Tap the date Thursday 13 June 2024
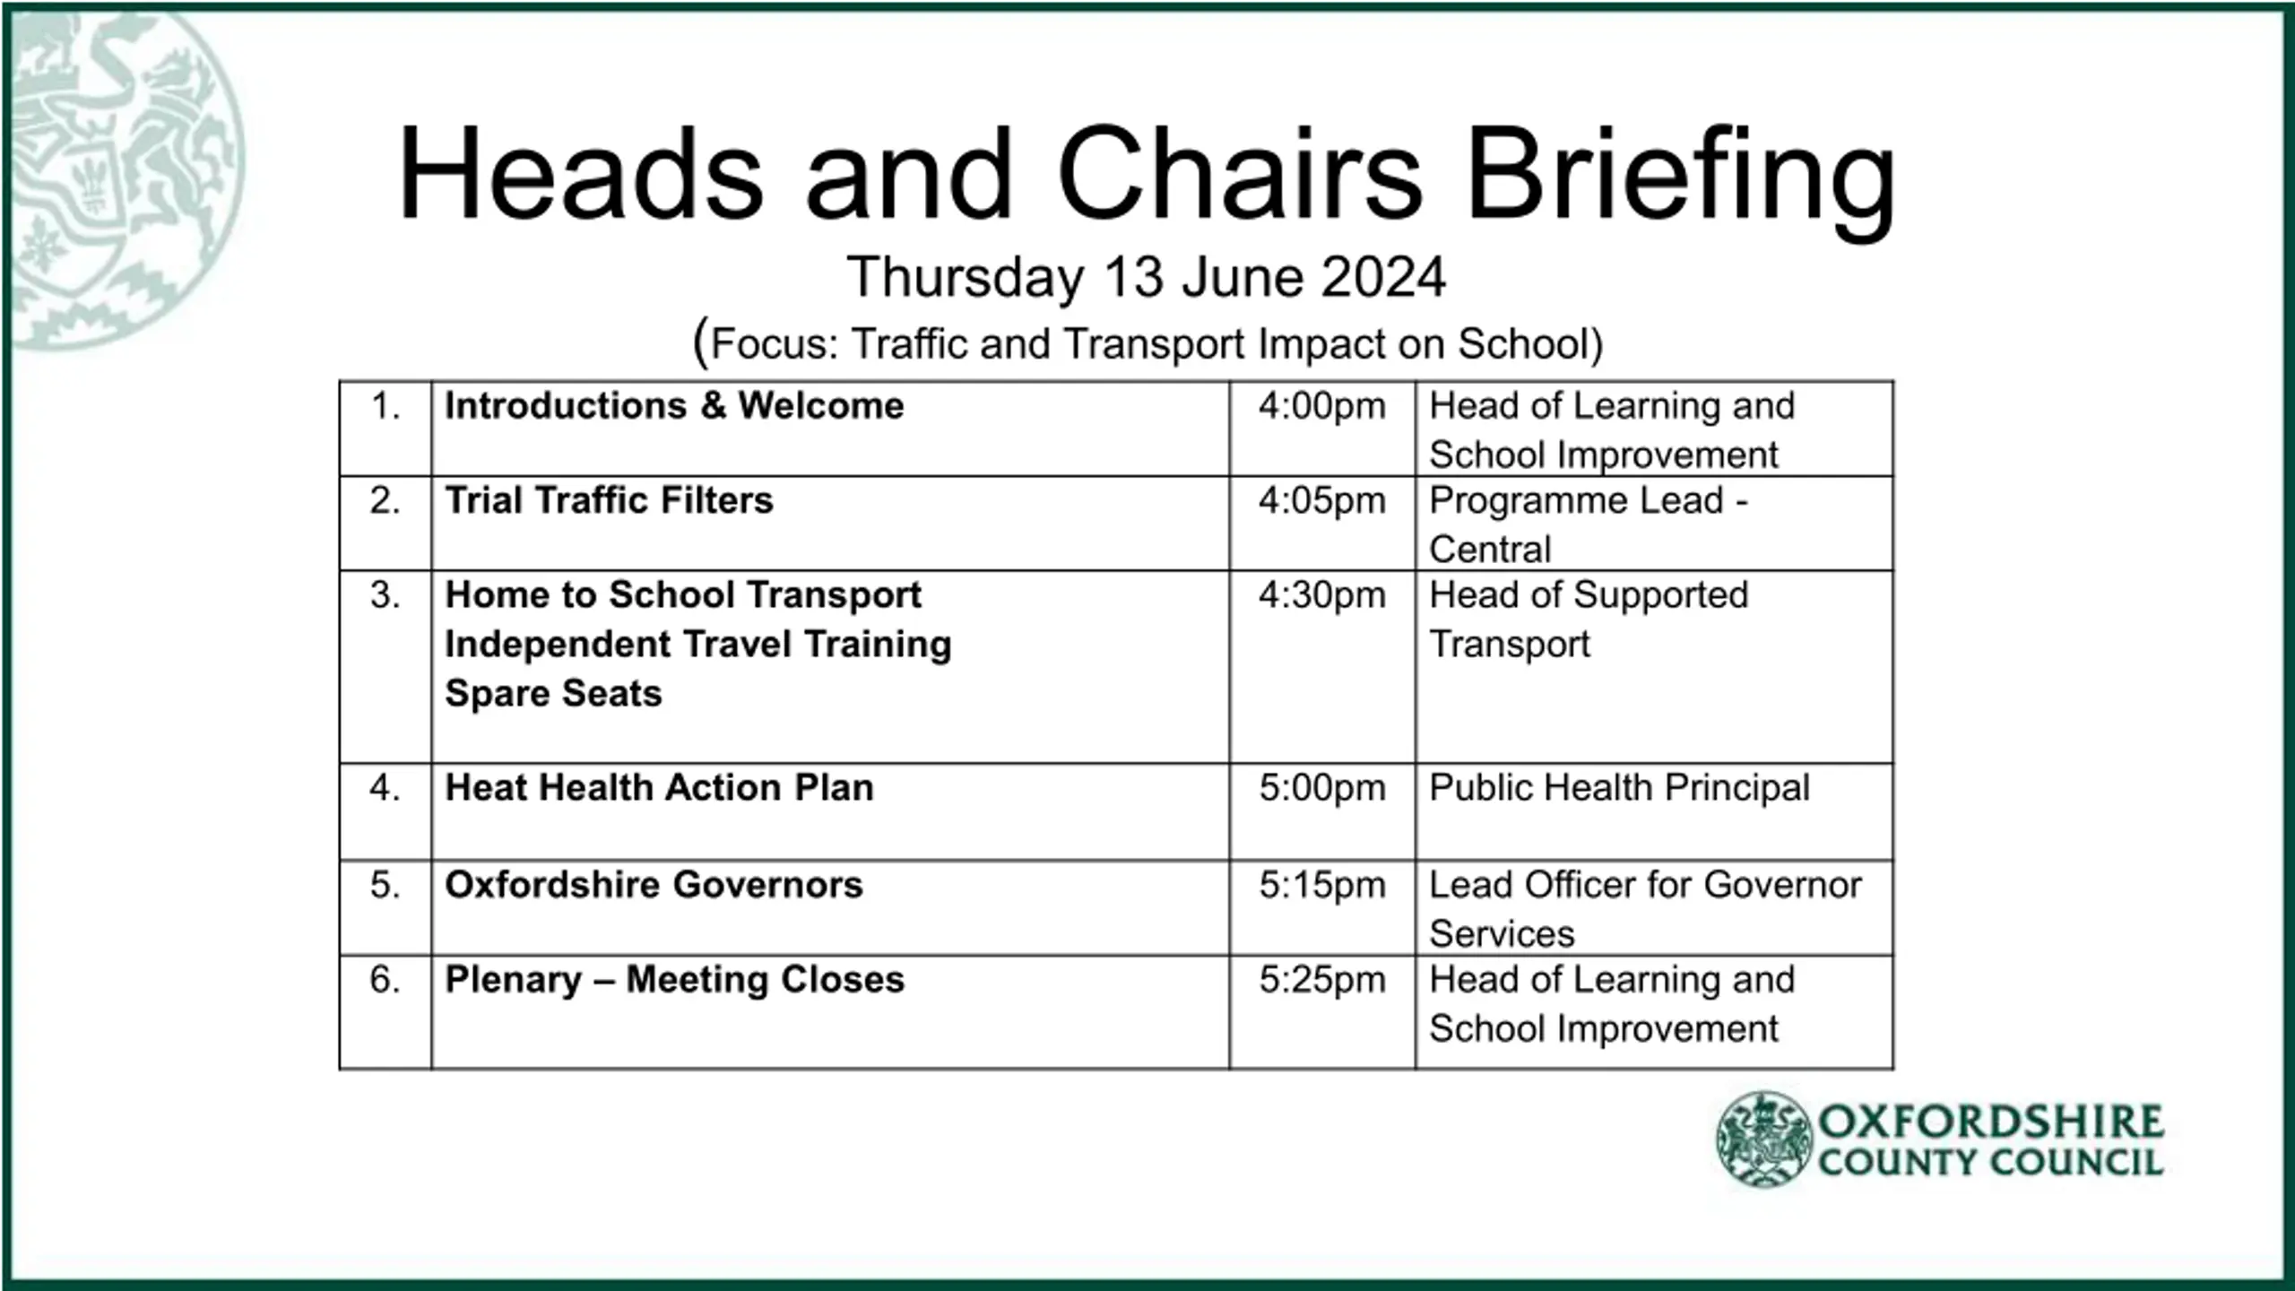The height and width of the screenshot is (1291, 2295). [x=1147, y=277]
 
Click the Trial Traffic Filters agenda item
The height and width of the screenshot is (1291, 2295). [x=609, y=500]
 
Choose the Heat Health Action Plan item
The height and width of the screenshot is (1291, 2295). [x=659, y=788]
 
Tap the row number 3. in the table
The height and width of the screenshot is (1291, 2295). [x=385, y=595]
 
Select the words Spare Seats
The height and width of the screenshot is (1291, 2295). [x=553, y=694]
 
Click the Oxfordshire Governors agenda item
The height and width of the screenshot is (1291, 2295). [x=654, y=885]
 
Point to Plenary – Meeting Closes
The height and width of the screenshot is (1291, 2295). [x=675, y=980]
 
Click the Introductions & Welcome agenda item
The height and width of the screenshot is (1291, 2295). [x=674, y=406]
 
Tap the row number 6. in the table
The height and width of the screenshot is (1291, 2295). [x=385, y=980]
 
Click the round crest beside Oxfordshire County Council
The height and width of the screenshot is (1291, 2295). [x=1763, y=1139]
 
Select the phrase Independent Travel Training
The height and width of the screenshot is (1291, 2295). [x=698, y=645]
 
